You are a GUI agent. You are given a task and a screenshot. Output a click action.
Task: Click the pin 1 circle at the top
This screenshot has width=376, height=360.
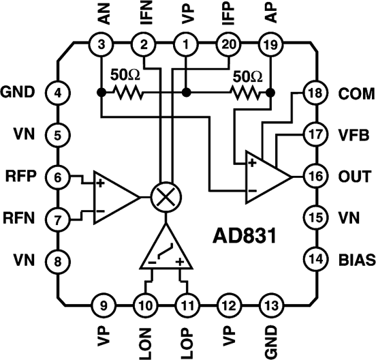click(x=185, y=45)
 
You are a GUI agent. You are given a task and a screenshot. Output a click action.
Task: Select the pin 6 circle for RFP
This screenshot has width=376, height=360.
click(x=57, y=177)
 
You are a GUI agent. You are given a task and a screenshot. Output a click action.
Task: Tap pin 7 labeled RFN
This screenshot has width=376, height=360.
click(x=57, y=219)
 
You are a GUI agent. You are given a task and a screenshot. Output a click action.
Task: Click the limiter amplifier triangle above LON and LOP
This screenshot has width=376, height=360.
click(x=164, y=249)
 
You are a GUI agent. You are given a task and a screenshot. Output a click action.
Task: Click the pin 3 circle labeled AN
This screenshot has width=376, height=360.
click(x=101, y=45)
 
